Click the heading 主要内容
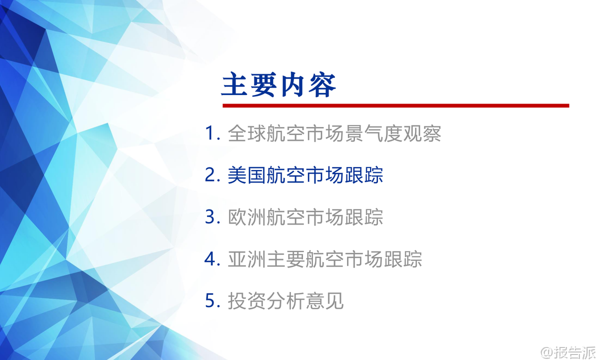(x=278, y=84)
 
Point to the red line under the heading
(x=396, y=105)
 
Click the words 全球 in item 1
(x=247, y=133)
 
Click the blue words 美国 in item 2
(x=247, y=175)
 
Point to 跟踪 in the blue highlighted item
(x=364, y=175)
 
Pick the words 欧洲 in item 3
(x=247, y=216)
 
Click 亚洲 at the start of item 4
(x=247, y=259)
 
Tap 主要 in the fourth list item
(x=286, y=259)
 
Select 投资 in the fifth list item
(x=247, y=300)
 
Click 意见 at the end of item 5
(x=324, y=300)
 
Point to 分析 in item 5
(x=286, y=300)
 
